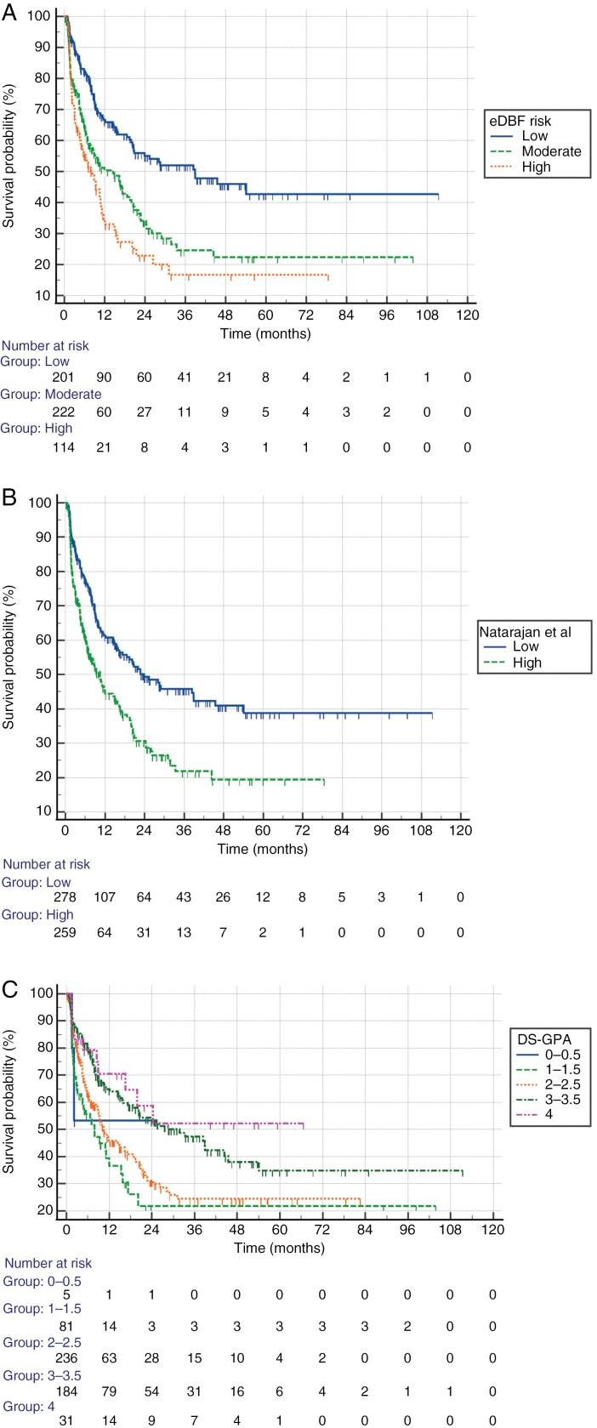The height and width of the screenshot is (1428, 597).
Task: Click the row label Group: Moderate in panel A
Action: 51,395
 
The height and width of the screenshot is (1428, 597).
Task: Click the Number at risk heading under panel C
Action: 47,1263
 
